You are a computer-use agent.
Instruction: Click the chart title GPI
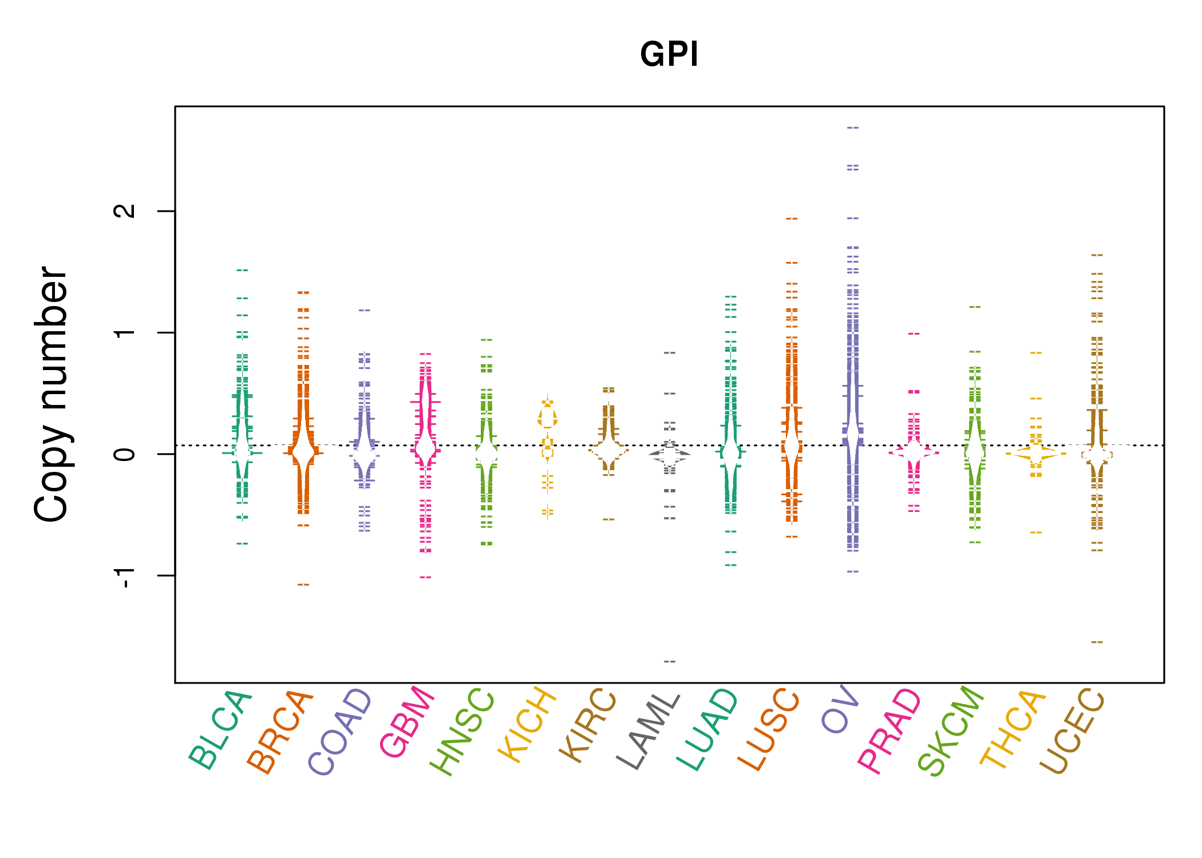(669, 55)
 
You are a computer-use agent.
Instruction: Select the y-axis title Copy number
(51, 394)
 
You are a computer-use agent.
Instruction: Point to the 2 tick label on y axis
(125, 211)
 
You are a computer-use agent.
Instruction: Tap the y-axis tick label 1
(125, 332)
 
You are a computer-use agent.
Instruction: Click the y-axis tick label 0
(125, 454)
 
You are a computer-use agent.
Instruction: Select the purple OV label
(840, 709)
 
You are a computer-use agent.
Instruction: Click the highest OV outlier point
(853, 128)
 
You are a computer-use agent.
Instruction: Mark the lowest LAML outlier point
(670, 661)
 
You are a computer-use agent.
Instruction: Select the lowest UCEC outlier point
(1097, 642)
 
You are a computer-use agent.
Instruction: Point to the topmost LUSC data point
(792, 219)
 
